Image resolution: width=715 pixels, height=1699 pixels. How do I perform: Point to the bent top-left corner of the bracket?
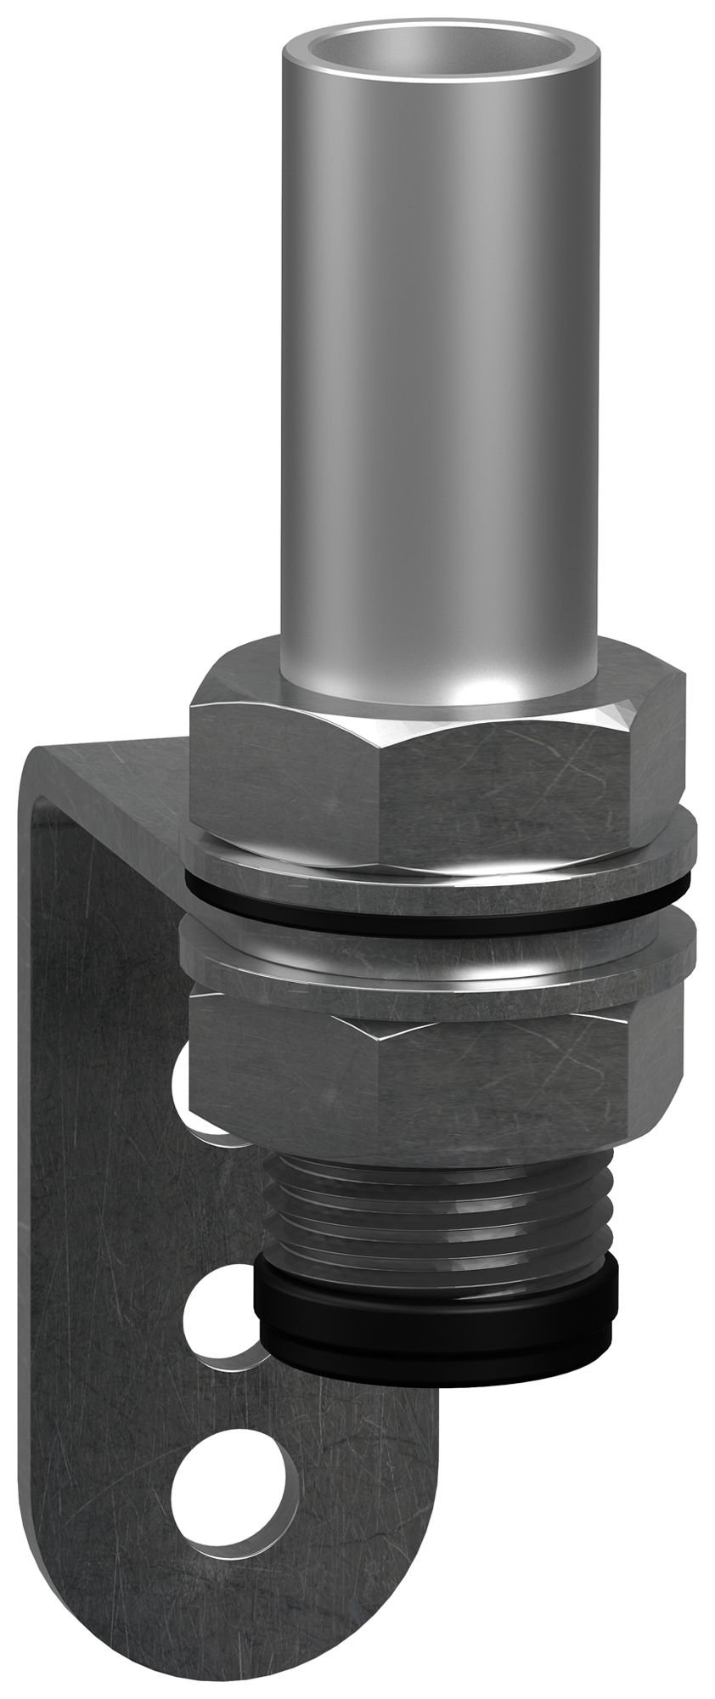click(x=42, y=765)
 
